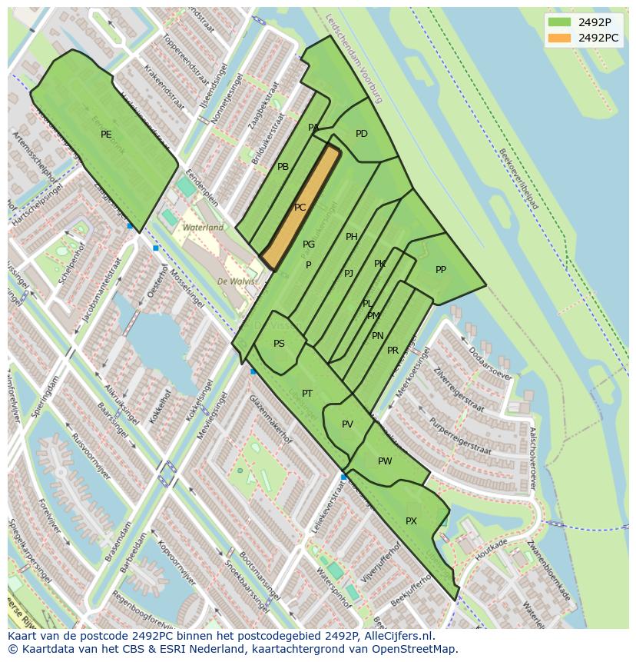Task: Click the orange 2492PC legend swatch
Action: tap(560, 38)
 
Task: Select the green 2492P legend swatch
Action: tap(560, 22)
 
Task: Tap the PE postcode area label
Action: tap(106, 135)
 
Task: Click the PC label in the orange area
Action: tap(300, 208)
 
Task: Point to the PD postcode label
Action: tap(362, 134)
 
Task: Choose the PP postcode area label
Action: tap(441, 270)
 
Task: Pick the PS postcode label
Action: tap(279, 344)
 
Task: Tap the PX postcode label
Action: tap(411, 521)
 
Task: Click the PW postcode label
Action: tap(385, 461)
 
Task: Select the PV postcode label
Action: tap(347, 424)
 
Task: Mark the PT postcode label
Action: tap(307, 394)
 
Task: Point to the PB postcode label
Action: tap(283, 167)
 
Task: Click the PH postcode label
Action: tap(352, 237)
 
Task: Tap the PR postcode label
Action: tap(393, 351)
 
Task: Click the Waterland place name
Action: tap(203, 228)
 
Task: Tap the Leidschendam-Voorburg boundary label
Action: tap(353, 58)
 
